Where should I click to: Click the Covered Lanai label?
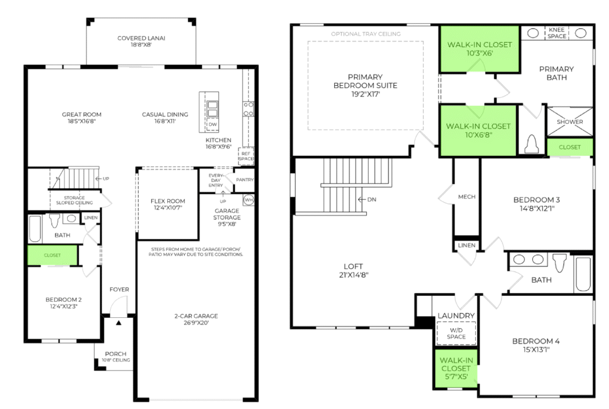tap(141, 38)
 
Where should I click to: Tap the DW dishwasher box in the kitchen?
tap(212, 124)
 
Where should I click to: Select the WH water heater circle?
tap(249, 200)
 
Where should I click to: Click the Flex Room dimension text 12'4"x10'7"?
tap(168, 208)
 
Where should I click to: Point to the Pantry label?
tap(244, 180)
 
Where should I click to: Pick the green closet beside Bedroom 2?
tap(52, 255)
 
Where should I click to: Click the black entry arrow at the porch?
tap(118, 323)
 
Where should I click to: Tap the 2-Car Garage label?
tap(196, 316)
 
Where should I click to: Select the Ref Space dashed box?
tap(246, 156)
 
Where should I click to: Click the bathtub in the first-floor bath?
tap(35, 229)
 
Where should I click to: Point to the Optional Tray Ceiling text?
tap(366, 34)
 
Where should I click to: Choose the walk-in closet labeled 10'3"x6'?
tap(479, 49)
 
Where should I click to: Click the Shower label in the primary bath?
tap(570, 121)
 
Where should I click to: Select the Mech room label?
tap(466, 196)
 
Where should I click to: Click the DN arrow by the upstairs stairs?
tap(362, 199)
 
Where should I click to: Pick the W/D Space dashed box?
tap(456, 333)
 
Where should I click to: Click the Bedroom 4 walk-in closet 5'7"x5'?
tap(456, 369)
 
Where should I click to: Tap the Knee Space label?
tap(557, 33)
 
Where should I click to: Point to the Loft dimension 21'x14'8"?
tap(353, 275)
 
